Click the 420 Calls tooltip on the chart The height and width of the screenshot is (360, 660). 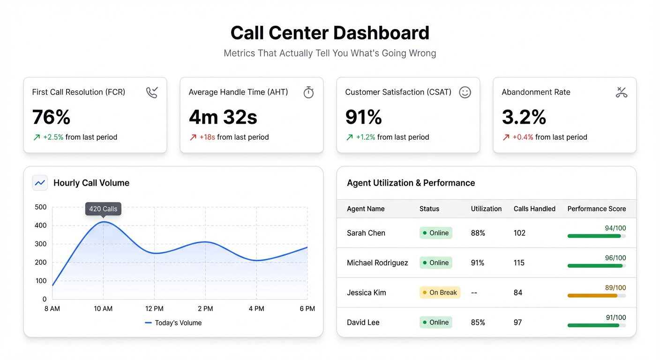[x=103, y=209]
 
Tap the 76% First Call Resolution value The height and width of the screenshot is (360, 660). [x=51, y=117]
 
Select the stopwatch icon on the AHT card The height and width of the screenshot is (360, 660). [x=308, y=92]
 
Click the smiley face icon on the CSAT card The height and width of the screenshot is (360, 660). [x=465, y=92]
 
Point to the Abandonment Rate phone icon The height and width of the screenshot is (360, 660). [x=621, y=92]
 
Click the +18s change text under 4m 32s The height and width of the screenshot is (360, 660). [x=207, y=137]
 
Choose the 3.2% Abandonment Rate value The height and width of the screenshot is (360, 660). [x=524, y=117]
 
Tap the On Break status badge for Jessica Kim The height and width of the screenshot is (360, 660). [x=440, y=292]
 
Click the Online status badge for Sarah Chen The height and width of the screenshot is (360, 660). [x=435, y=233]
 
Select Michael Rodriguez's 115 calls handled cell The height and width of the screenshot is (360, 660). [x=519, y=263]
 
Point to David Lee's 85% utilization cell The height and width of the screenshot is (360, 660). [x=478, y=322]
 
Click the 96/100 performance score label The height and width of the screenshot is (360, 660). [x=615, y=258]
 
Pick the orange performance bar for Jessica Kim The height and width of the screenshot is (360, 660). [x=592, y=296]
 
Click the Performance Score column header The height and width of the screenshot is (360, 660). [x=596, y=209]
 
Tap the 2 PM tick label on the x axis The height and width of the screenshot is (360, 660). [x=205, y=309]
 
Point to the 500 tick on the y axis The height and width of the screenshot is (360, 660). [x=41, y=207]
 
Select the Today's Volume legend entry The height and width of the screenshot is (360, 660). [x=173, y=323]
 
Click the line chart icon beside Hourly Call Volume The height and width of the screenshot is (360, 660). [x=40, y=183]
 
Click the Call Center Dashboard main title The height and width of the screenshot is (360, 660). [x=330, y=33]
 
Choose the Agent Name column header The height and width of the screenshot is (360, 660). [x=366, y=209]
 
